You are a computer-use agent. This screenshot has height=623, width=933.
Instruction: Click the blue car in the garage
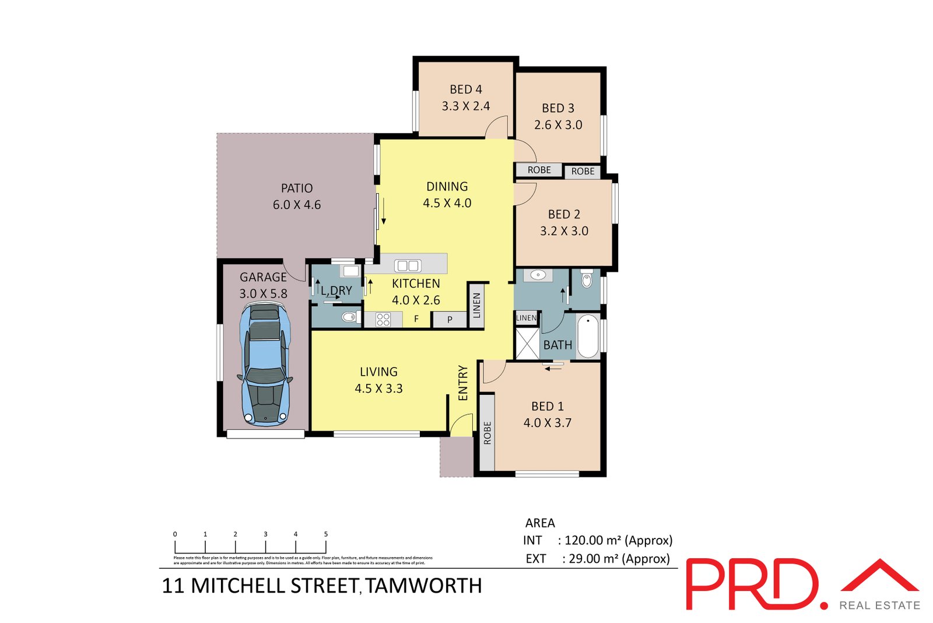265,364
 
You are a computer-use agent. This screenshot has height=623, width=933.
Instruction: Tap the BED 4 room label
465,89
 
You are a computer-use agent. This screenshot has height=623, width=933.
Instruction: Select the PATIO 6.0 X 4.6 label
297,196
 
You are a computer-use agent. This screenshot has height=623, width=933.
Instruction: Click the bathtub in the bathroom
588,337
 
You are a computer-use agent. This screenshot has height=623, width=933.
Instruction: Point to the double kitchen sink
407,266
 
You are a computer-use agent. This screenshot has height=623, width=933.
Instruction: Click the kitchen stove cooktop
383,319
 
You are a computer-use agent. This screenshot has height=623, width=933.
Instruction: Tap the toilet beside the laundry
349,317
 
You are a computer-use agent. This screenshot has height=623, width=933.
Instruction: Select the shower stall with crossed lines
527,344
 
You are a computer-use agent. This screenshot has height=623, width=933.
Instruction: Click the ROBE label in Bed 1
487,433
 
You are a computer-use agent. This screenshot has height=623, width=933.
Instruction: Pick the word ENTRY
463,383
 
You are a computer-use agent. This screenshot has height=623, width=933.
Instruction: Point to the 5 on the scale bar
326,534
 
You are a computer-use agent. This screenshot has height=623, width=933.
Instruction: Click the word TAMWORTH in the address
424,586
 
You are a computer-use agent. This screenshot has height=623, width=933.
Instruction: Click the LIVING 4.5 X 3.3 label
378,380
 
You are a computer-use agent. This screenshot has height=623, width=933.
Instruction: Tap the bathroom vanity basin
538,275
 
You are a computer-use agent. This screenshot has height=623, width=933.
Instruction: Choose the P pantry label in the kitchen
450,320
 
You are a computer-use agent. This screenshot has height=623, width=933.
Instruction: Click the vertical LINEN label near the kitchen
476,305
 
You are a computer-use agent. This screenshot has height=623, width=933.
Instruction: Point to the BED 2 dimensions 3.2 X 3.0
564,231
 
